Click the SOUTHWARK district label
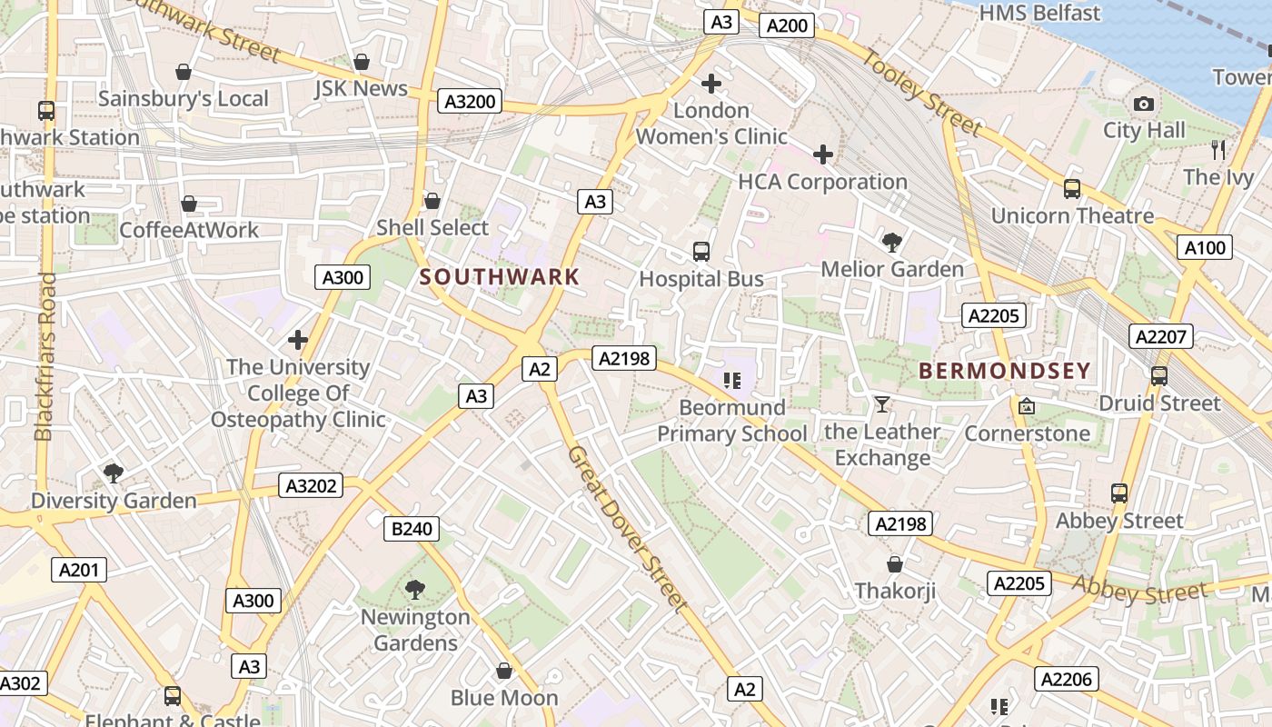(x=500, y=277)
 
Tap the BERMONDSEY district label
(x=1004, y=371)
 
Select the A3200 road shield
(x=471, y=101)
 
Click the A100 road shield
(x=1205, y=247)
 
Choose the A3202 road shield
(x=312, y=486)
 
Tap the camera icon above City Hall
(x=1144, y=105)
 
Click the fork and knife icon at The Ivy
(x=1218, y=150)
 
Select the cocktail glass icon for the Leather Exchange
(x=881, y=404)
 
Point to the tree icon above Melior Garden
(x=891, y=242)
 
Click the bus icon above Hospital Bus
(x=701, y=252)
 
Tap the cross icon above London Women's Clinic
(x=711, y=84)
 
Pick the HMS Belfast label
(x=1039, y=13)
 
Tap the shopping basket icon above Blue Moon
(x=504, y=671)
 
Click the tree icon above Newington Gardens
(x=415, y=590)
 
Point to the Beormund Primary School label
(x=731, y=421)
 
